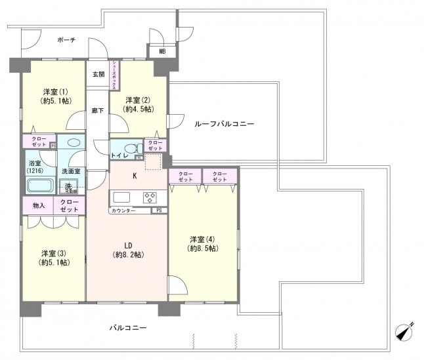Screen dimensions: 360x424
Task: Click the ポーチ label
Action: click(x=66, y=40)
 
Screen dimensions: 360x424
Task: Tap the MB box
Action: click(x=160, y=53)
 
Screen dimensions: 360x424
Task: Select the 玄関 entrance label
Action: click(x=98, y=74)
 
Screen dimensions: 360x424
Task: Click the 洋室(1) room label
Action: click(x=55, y=96)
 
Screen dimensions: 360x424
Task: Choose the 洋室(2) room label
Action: click(x=138, y=104)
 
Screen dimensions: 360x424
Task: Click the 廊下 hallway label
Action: click(x=98, y=111)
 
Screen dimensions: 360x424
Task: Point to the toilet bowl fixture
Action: click(x=129, y=148)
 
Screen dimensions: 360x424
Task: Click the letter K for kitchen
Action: click(x=135, y=176)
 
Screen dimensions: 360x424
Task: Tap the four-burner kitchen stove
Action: click(x=150, y=197)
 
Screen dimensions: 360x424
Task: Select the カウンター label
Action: click(x=125, y=210)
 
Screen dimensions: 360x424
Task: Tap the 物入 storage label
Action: click(x=39, y=205)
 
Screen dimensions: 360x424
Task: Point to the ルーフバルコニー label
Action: click(x=223, y=123)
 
